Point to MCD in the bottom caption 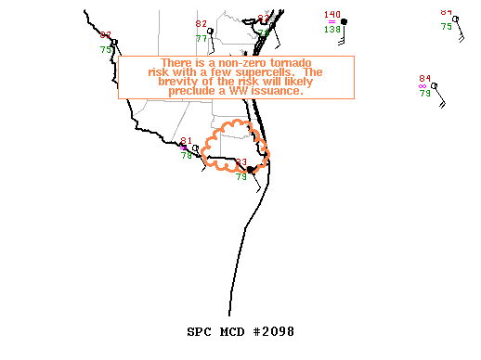click(232, 330)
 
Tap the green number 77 click(201, 38)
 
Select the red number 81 click(186, 141)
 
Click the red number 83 click(241, 162)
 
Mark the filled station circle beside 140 click(344, 21)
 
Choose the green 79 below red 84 click(425, 94)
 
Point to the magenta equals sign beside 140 click(331, 22)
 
